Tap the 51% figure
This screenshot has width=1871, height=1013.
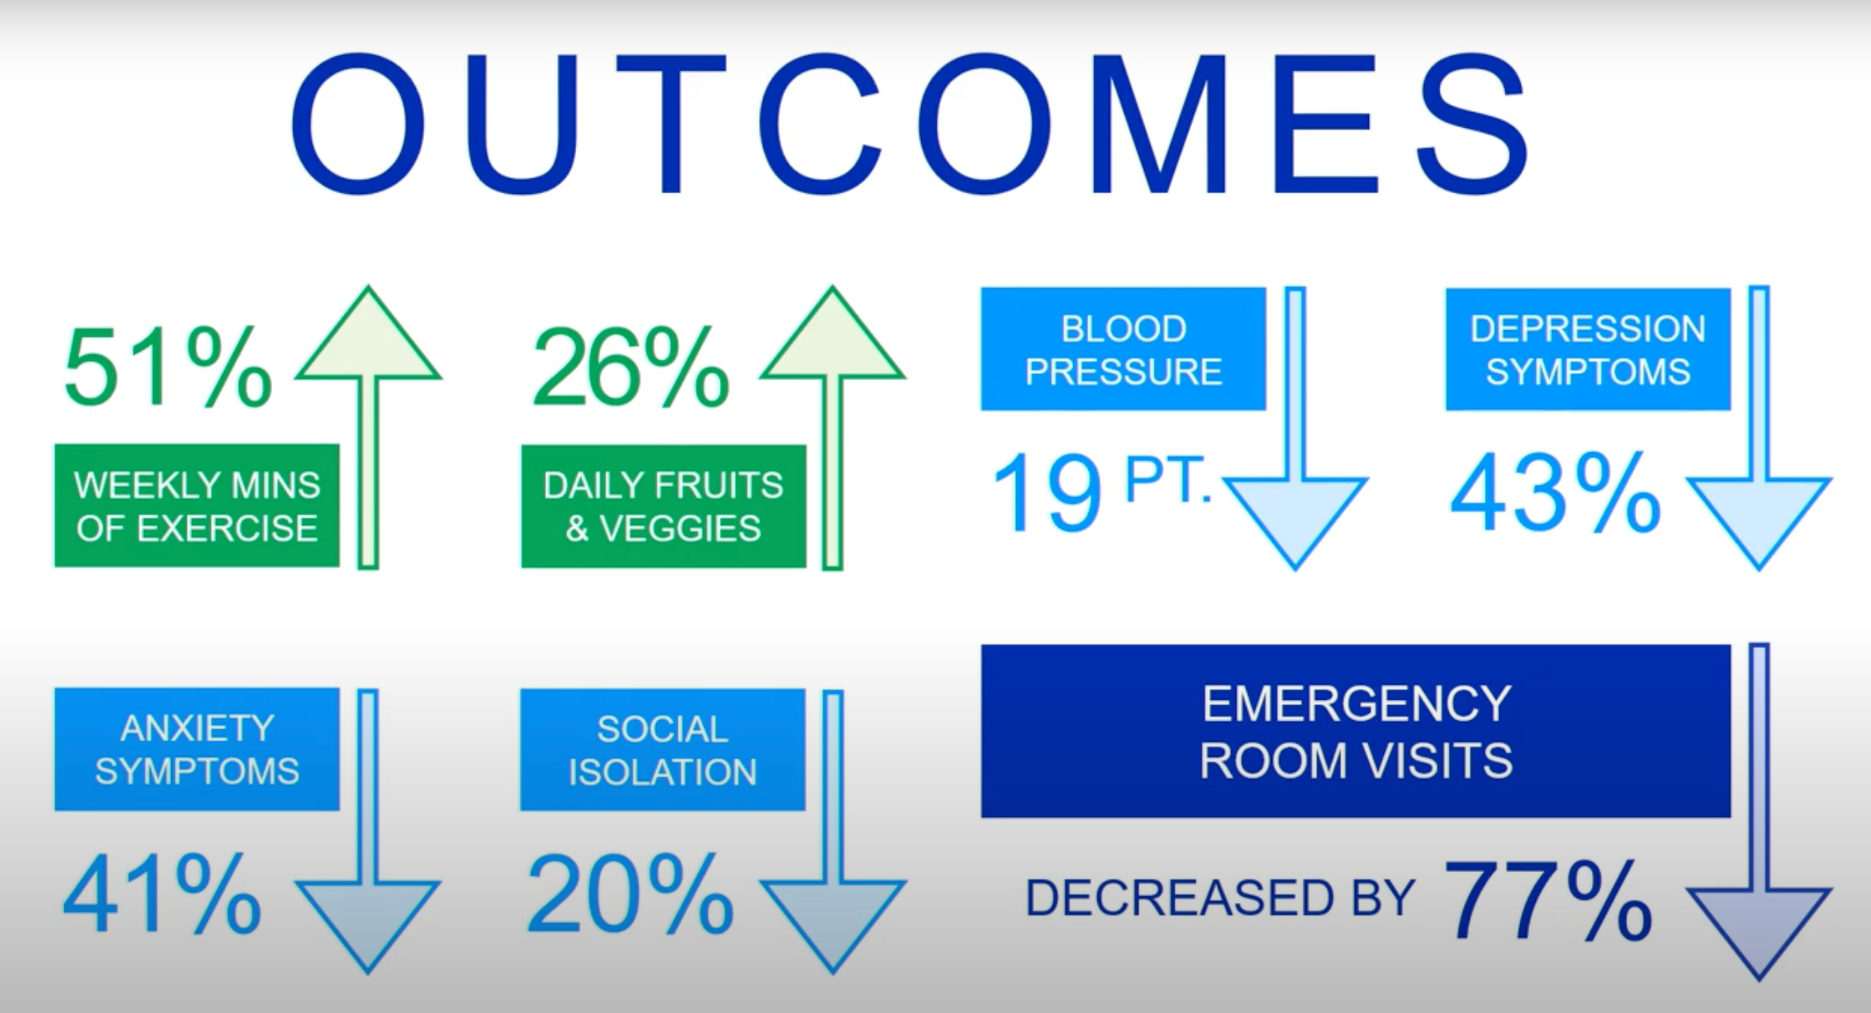168,368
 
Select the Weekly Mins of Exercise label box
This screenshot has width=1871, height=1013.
197,506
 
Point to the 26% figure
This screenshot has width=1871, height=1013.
631,368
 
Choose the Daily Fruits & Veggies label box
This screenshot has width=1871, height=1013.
663,506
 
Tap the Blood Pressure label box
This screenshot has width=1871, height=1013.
1123,349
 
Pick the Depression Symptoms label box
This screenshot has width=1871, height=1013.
1588,349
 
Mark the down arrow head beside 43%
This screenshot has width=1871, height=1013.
1758,516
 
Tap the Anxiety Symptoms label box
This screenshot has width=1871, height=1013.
197,750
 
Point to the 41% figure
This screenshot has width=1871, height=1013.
161,894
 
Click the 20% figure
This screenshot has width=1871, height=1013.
629,894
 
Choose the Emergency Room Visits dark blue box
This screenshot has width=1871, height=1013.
1355,731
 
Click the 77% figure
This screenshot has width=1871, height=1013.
1547,901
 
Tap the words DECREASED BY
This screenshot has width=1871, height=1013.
1219,898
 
